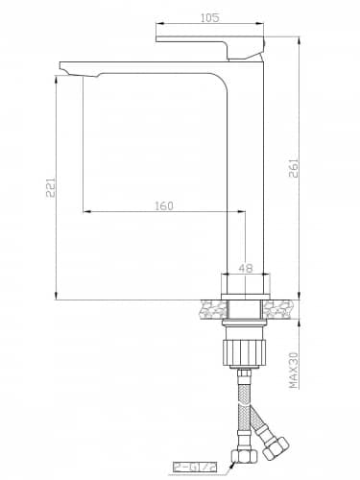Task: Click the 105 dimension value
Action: pyautogui.click(x=210, y=18)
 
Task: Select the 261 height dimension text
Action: pyautogui.click(x=294, y=168)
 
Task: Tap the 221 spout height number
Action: pyautogui.click(x=51, y=187)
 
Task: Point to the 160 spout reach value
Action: pyautogui.click(x=164, y=205)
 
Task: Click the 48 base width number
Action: pyautogui.click(x=246, y=268)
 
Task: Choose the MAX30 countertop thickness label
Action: pyautogui.click(x=294, y=371)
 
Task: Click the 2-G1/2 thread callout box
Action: pyautogui.click(x=195, y=468)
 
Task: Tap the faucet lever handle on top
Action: pyautogui.click(x=211, y=48)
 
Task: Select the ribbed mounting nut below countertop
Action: pyautogui.click(x=244, y=352)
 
